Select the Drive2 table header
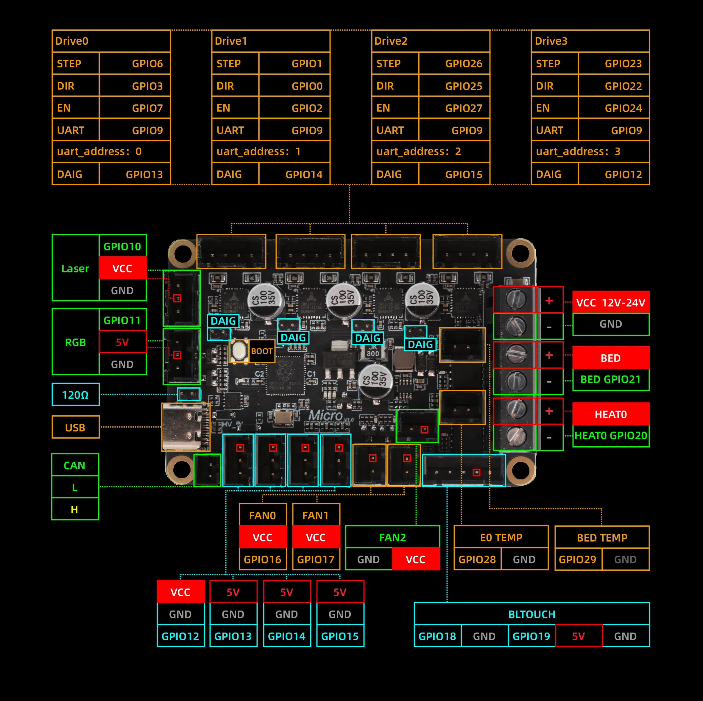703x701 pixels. [x=431, y=41]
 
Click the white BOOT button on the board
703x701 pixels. [x=239, y=351]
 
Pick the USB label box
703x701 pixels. [x=75, y=428]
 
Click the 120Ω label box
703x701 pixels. [x=75, y=395]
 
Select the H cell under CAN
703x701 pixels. [x=75, y=509]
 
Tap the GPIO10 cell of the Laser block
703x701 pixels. [x=122, y=247]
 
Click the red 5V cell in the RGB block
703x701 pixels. [x=122, y=342]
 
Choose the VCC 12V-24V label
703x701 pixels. [x=611, y=303]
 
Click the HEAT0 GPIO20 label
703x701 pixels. [x=611, y=436]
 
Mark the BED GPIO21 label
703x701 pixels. [x=611, y=380]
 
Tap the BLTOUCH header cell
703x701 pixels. [x=531, y=614]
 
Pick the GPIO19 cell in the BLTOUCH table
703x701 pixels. [x=531, y=636]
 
